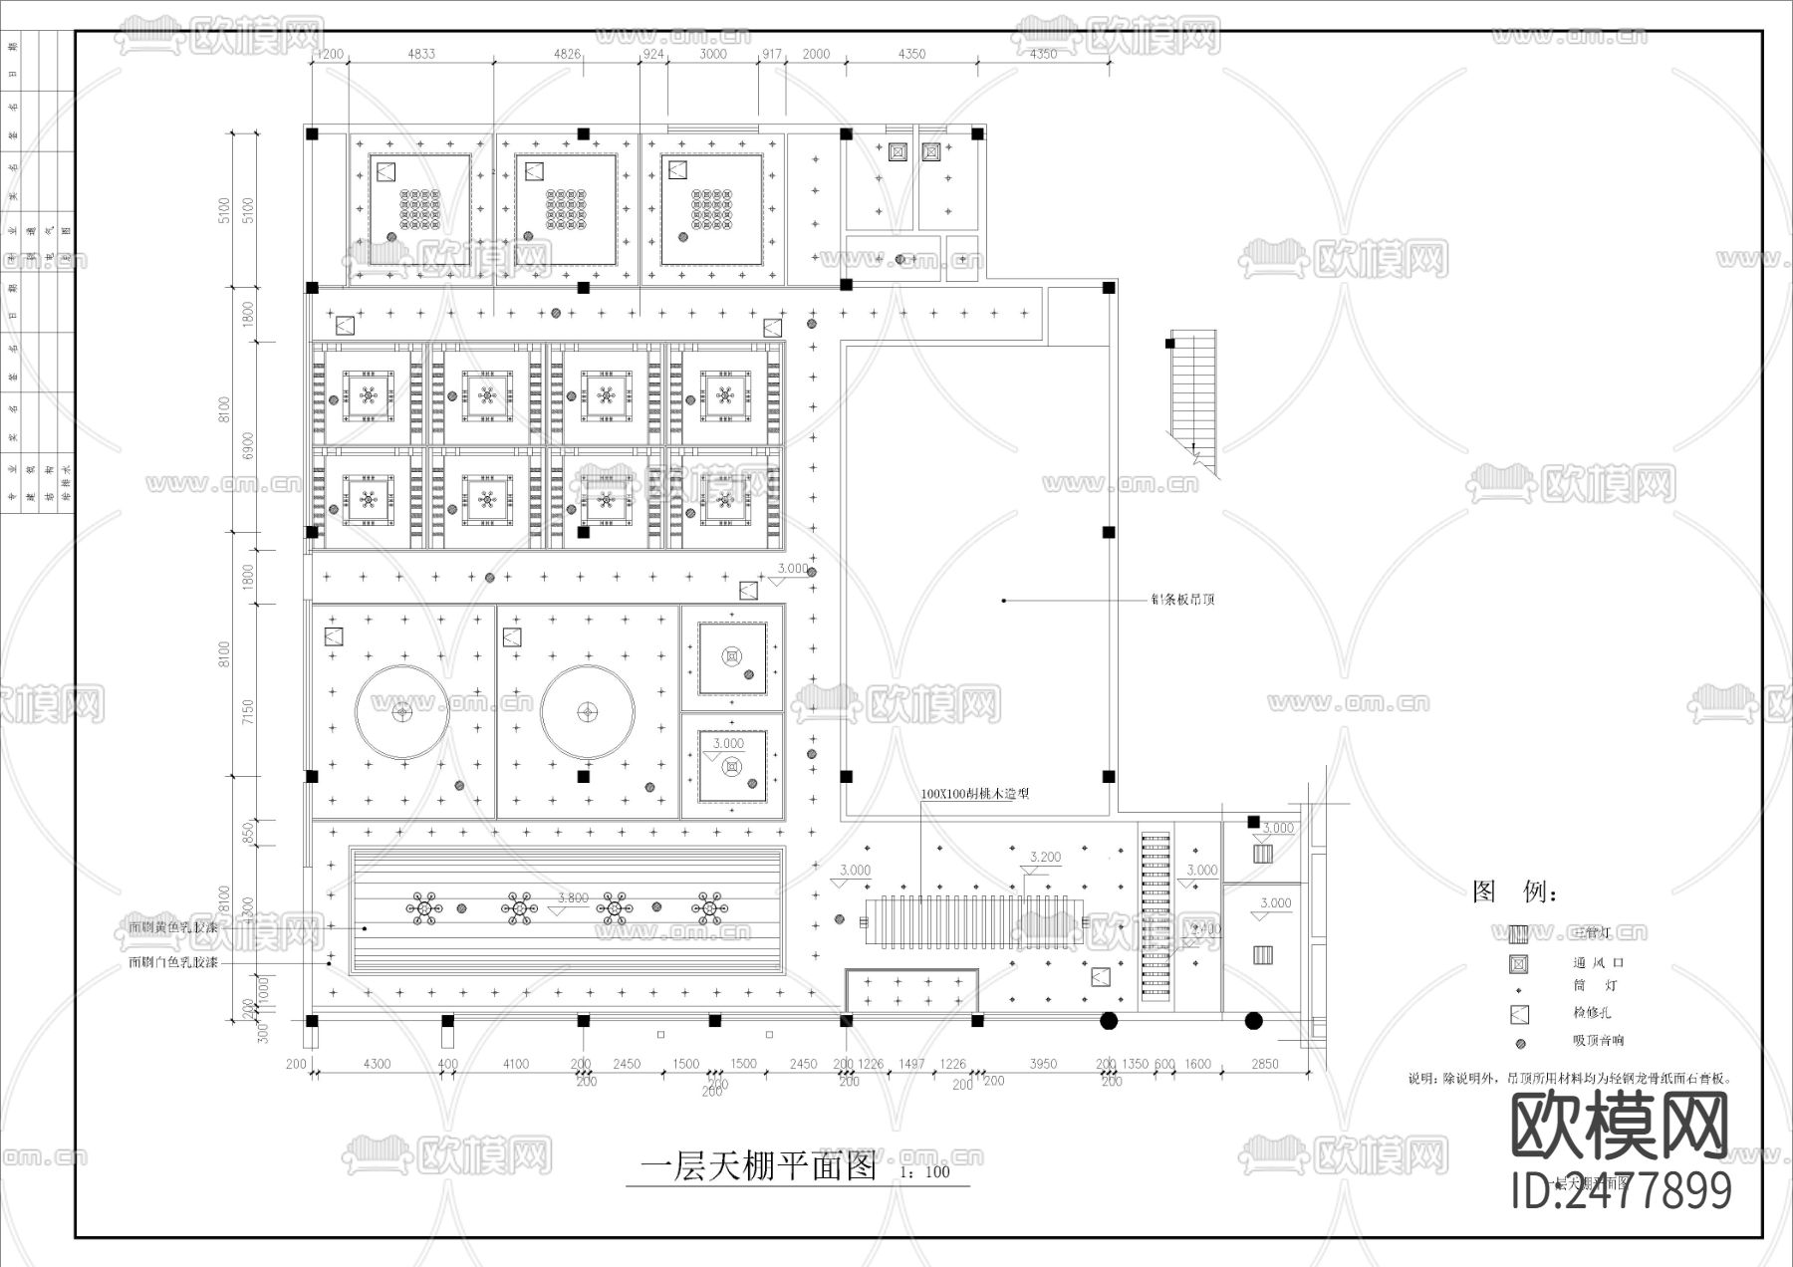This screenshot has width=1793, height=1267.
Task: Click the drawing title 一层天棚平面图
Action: click(x=758, y=1165)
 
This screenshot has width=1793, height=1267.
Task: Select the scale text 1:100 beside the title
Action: click(x=924, y=1172)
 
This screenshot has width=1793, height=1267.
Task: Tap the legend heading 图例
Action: click(x=1513, y=891)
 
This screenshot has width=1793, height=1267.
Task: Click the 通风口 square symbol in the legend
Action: click(x=1519, y=963)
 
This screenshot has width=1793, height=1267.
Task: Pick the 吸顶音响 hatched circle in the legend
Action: click(x=1519, y=1043)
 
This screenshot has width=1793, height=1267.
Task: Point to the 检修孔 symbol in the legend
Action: click(x=1519, y=1015)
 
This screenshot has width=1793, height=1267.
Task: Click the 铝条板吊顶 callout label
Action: click(x=1182, y=600)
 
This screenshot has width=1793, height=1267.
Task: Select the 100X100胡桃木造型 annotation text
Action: click(x=974, y=794)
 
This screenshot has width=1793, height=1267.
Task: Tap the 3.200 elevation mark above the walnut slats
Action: click(x=1045, y=857)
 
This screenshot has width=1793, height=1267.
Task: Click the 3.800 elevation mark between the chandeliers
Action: click(x=572, y=898)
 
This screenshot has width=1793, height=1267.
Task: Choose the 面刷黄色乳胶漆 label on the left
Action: click(x=172, y=927)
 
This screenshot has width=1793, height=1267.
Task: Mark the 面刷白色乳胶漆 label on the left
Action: click(x=172, y=963)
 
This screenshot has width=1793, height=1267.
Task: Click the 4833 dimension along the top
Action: click(x=420, y=54)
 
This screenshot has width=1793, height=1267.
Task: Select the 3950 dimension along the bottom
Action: click(x=1042, y=1064)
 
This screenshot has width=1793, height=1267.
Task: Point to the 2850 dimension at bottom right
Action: click(x=1264, y=1064)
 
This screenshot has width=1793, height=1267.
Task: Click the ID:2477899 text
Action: click(x=1621, y=1190)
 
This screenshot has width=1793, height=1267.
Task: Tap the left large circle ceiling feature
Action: click(x=402, y=712)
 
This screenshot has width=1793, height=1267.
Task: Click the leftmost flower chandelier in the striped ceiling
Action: click(x=421, y=908)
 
